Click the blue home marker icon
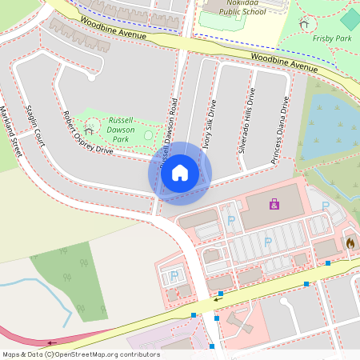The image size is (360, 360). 180,173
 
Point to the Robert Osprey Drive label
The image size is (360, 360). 88,132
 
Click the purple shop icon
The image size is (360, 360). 274,205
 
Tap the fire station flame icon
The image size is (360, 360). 350,242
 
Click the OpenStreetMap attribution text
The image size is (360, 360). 80,354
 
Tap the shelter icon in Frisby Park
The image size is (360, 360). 303,24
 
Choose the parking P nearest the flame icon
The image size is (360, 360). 326,206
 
